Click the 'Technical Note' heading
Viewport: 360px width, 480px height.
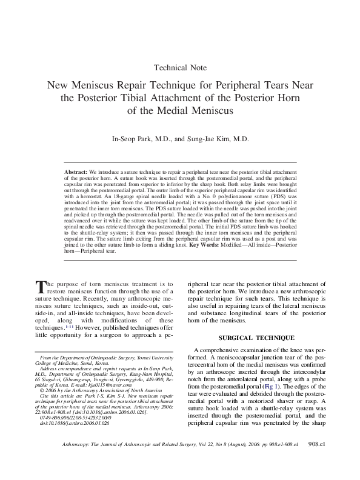179,67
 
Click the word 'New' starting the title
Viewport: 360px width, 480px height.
59,86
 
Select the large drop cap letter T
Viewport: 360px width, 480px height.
41,286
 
